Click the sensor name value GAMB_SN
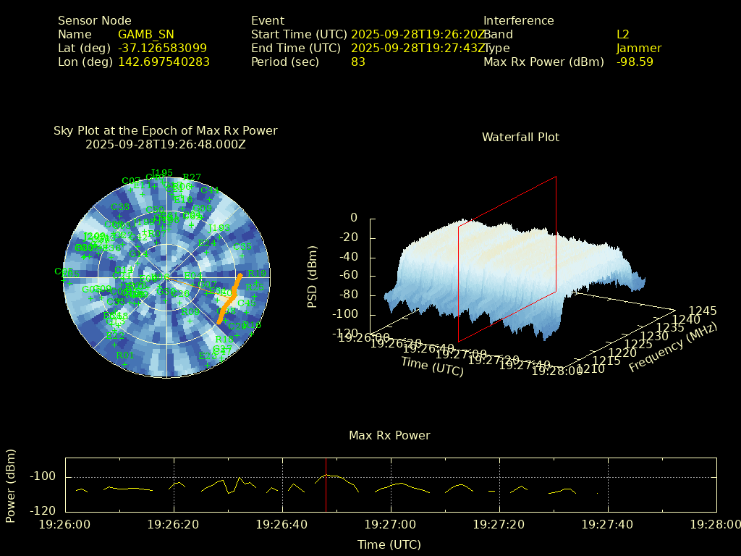coord(145,34)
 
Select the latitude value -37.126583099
coord(162,48)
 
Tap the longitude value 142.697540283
coord(164,62)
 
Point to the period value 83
coord(357,62)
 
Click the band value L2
coord(622,34)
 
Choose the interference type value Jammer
coord(638,48)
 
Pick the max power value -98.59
coord(635,62)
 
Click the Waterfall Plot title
coord(520,137)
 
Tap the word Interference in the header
coord(518,20)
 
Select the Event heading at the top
coord(268,20)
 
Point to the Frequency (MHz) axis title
coord(672,348)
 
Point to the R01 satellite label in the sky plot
coord(125,355)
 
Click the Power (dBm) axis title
coord(11,485)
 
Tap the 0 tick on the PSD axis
coord(353,218)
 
